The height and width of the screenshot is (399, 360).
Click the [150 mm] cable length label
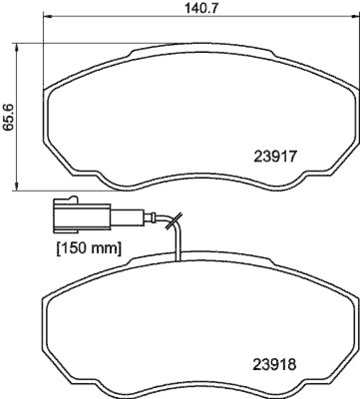click(89, 248)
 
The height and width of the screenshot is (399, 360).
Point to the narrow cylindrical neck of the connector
click(127, 217)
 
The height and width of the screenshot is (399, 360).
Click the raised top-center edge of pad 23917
click(202, 46)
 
